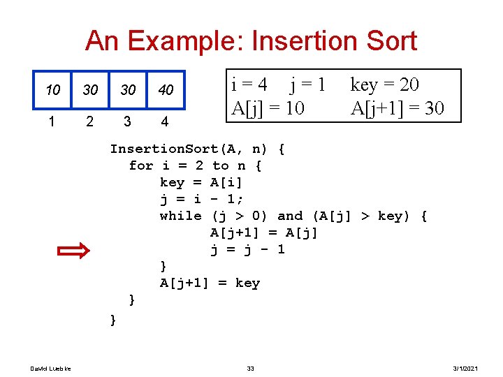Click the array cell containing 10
coord(52,91)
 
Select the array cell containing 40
coord(166,91)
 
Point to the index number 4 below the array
coord(164,121)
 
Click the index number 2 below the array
coord(89,121)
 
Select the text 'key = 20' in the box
coord(385,85)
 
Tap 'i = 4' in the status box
coord(249,85)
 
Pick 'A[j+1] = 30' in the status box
coord(397,108)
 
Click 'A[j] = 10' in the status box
coord(270,108)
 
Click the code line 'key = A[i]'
coord(201,182)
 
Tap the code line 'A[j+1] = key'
coord(210,283)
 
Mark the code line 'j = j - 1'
coord(247,249)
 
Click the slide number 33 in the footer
coord(251,368)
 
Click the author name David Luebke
coord(45,368)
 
